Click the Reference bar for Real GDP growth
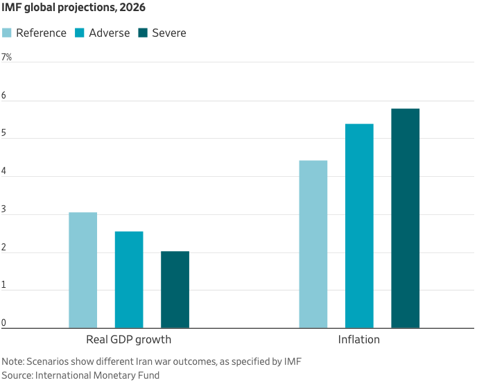coord(83,270)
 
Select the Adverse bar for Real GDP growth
coord(129,279)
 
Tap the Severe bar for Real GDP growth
coord(175,289)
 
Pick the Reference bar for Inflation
coord(313,244)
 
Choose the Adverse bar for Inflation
coord(359,225)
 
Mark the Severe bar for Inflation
coord(405,218)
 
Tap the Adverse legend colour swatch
coord(80,33)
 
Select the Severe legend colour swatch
coord(144,33)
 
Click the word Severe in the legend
coord(169,33)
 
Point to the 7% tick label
coord(7,57)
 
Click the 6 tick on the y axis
coord(4,95)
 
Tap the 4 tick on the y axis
coord(4,171)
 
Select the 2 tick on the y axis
coord(4,248)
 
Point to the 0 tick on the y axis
coord(4,322)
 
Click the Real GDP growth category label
coord(128,340)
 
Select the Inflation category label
coord(358,340)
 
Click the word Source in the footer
coord(17,375)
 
